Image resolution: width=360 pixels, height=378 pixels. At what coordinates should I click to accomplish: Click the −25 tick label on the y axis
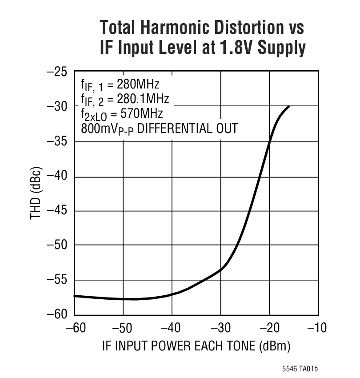point(57,72)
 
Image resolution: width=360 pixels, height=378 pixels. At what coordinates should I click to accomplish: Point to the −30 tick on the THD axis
point(57,107)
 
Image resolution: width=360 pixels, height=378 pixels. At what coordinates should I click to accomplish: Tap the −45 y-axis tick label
point(57,210)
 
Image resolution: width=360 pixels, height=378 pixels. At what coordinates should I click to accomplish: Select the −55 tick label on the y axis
point(57,280)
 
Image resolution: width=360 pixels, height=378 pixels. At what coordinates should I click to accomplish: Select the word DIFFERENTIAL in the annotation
point(169,129)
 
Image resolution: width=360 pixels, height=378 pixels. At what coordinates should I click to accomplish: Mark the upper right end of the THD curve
point(289,106)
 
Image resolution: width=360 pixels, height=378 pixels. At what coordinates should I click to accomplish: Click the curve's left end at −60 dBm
point(75,296)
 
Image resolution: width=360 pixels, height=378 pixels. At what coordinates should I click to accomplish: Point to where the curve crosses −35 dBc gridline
point(269,142)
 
